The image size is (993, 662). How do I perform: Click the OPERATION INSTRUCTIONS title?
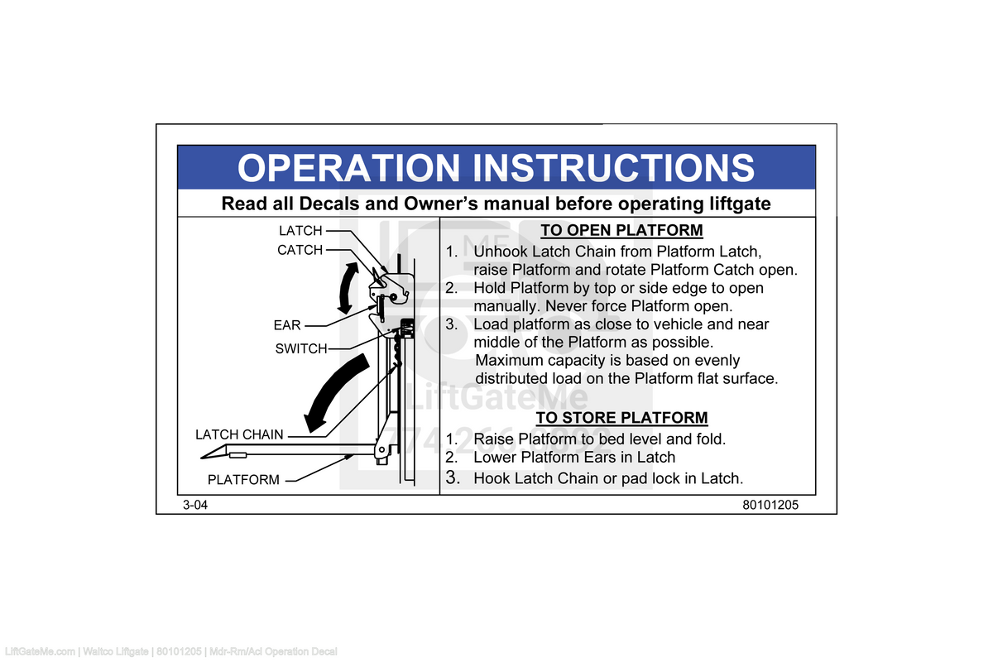point(496,167)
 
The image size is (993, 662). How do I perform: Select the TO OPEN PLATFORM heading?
point(621,230)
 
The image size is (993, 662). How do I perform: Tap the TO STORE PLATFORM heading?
point(621,418)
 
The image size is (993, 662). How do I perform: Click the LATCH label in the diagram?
point(300,231)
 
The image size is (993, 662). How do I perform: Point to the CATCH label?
point(300,250)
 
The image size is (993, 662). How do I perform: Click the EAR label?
point(287,326)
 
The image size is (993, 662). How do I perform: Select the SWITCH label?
point(301,349)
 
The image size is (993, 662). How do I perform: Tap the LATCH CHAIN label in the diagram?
point(239,434)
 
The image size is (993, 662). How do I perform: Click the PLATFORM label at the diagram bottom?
point(243,480)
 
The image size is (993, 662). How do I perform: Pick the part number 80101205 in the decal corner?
point(770,505)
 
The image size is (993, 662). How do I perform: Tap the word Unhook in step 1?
point(501,252)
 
